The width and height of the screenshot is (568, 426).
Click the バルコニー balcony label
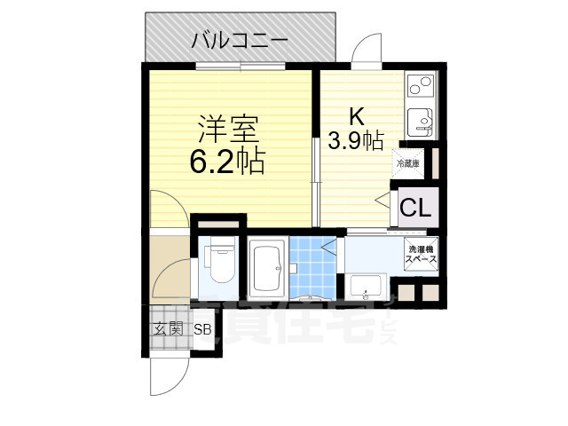click(x=239, y=40)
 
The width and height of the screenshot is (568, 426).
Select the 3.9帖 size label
click(x=356, y=139)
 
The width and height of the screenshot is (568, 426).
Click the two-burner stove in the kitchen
click(x=419, y=88)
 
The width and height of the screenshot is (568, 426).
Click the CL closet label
click(x=415, y=209)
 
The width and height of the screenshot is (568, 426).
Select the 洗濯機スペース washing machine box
click(x=422, y=253)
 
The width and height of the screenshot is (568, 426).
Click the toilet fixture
click(x=218, y=260)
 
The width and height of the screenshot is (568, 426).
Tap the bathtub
click(x=264, y=270)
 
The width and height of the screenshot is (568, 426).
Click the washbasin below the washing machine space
click(x=366, y=286)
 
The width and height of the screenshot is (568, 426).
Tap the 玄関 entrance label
click(x=168, y=330)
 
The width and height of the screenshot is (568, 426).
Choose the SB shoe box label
click(x=203, y=330)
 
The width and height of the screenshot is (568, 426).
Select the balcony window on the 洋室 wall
click(x=240, y=65)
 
